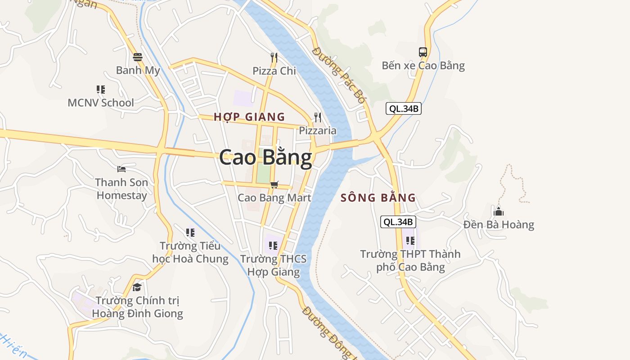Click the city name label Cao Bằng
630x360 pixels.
coord(265,158)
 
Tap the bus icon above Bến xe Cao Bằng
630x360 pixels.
coord(423,52)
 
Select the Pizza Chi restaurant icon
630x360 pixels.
coord(274,57)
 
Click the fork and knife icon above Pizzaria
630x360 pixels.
coord(318,117)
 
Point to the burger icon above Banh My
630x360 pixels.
coord(138,57)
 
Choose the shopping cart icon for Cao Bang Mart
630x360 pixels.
coord(274,184)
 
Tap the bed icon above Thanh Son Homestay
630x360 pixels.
coord(121,169)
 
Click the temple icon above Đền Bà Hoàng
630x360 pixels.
coord(499,211)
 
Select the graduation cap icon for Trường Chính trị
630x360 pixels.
coord(137,287)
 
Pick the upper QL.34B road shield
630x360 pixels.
coord(404,108)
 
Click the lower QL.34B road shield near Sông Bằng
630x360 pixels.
coord(398,222)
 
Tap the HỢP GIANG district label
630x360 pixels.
coord(249,117)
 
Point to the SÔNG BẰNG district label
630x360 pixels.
coord(378,198)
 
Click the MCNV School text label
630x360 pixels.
coord(101,103)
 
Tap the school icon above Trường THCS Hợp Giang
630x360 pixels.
coord(273,246)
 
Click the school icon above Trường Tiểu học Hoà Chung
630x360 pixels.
coord(190,233)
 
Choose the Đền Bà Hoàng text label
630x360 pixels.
coord(499,225)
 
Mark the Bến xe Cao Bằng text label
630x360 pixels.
coord(423,66)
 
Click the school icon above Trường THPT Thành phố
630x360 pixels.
coord(410,241)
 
